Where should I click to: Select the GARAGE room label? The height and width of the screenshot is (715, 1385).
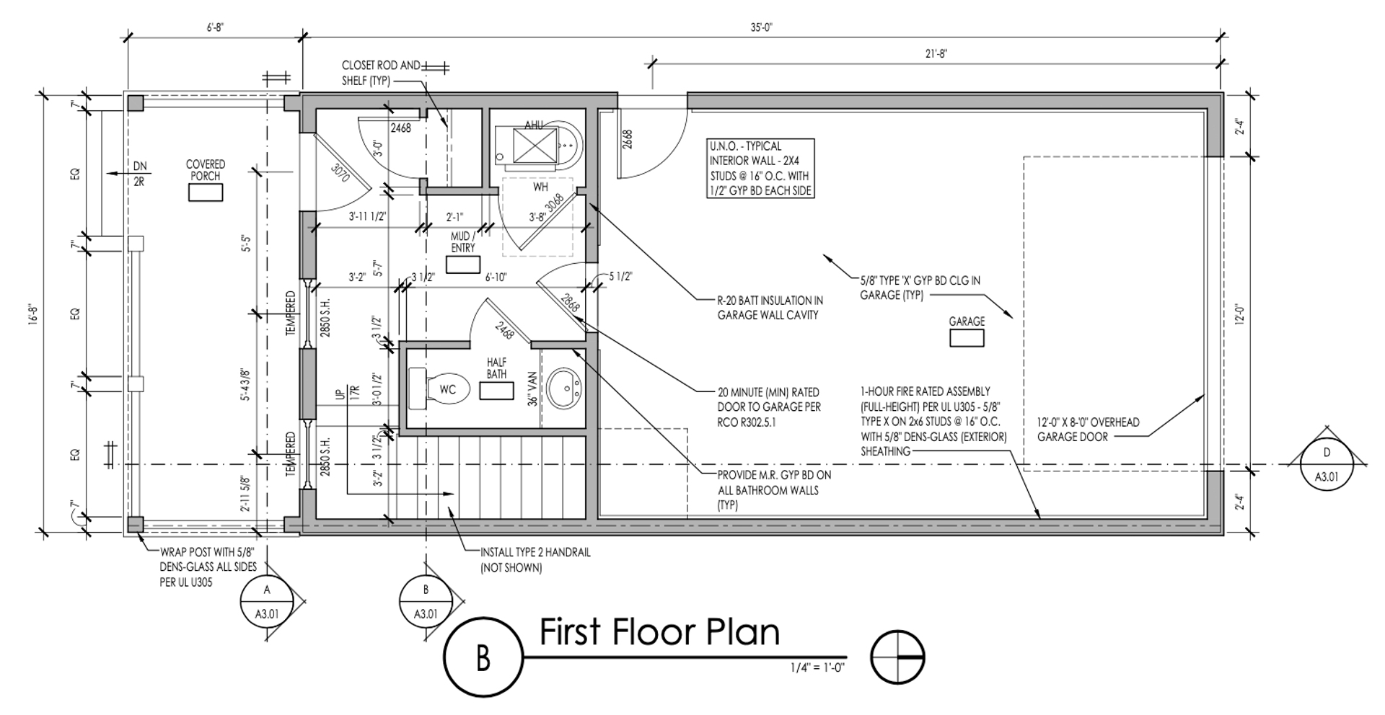[x=967, y=321]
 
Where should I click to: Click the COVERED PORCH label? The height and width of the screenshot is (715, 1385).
[x=206, y=170]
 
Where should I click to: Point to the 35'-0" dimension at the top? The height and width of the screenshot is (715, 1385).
[x=761, y=27]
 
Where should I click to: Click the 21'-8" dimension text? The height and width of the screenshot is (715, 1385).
[x=936, y=53]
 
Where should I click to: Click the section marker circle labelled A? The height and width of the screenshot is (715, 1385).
[x=267, y=602]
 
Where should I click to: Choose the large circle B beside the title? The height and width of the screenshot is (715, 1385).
[x=483, y=658]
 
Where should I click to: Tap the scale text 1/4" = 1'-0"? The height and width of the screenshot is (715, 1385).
[x=817, y=667]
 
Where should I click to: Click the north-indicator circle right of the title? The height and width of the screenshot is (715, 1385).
[x=897, y=657]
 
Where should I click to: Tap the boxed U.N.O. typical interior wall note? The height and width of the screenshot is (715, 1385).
[x=760, y=169]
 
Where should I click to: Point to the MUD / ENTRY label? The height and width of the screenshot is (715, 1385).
[x=462, y=242]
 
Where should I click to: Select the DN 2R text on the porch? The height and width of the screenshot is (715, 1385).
[x=139, y=174]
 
